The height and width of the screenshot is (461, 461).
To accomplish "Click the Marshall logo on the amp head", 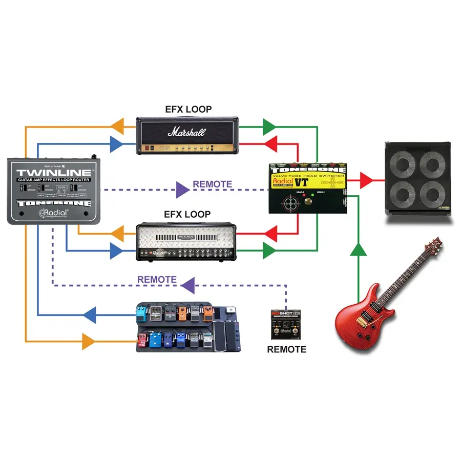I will tap(186, 132).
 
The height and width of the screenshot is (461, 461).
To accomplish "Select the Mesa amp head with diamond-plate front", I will tap(187, 242).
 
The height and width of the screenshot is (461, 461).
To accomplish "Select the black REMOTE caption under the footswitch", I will tap(286, 349).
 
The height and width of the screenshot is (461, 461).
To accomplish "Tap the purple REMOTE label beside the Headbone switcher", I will tap(212, 184).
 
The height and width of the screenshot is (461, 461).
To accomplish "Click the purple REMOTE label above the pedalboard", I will tap(157, 280).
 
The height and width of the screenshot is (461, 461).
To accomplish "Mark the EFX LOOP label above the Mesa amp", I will tap(186, 214).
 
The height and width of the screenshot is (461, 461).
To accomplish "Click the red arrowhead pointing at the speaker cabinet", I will tap(367, 180).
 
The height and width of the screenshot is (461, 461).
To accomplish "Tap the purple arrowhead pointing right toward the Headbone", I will tap(181, 190).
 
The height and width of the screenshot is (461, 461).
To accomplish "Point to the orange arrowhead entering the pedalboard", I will tap(89, 341).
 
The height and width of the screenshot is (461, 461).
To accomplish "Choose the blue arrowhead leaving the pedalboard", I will tap(91, 315).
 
